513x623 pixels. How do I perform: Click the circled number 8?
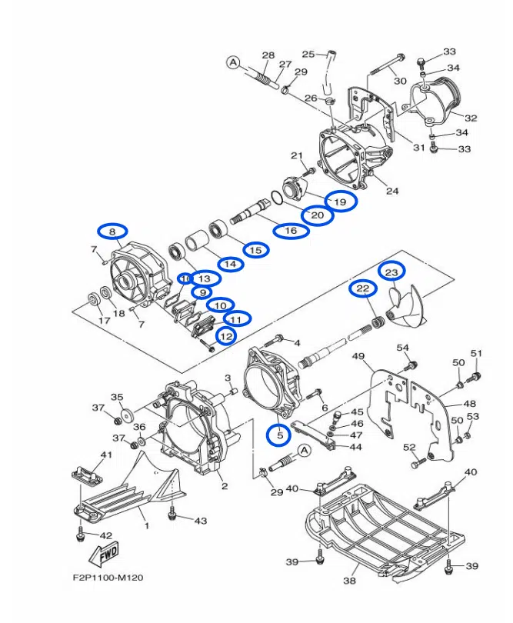click(x=112, y=232)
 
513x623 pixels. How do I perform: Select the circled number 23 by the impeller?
click(x=391, y=272)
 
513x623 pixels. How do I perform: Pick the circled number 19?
click(x=340, y=201)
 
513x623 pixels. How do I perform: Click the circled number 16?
click(x=291, y=231)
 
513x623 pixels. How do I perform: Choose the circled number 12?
click(x=226, y=336)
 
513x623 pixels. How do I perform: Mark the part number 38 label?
click(x=350, y=581)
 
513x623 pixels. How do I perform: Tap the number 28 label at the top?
click(x=268, y=55)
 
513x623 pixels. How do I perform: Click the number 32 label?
click(x=471, y=118)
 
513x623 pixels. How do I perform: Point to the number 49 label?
click(x=358, y=356)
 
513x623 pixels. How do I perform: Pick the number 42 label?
click(x=106, y=535)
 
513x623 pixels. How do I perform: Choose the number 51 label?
click(x=476, y=354)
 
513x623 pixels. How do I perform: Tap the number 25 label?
click(x=308, y=54)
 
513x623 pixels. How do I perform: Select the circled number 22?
click(x=363, y=289)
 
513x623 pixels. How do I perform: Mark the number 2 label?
click(x=224, y=486)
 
